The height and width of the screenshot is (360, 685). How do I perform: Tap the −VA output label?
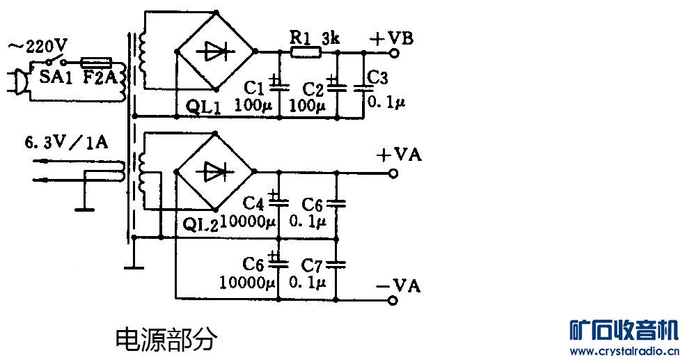pyautogui.click(x=398, y=285)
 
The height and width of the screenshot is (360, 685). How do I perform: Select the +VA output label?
pyautogui.click(x=398, y=155)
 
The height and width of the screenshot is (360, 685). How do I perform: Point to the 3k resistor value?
pyautogui.click(x=331, y=38)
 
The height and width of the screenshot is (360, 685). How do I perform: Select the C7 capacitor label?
pyautogui.click(x=313, y=265)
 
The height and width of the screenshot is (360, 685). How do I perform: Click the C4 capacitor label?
pyautogui.click(x=253, y=204)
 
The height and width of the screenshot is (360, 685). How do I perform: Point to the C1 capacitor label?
pyautogui.click(x=255, y=88)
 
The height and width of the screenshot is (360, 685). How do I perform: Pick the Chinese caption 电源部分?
pyautogui.click(x=166, y=339)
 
